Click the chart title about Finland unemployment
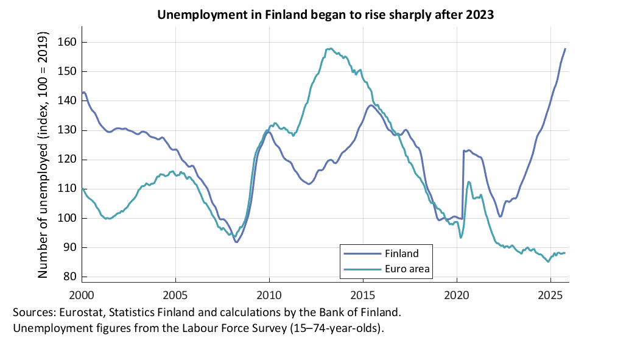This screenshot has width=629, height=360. (325, 15)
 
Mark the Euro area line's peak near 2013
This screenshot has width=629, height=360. (329, 49)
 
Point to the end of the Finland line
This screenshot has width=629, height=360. (565, 49)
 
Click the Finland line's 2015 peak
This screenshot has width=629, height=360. (371, 105)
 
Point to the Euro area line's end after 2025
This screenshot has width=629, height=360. (564, 253)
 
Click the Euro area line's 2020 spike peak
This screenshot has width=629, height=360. (469, 182)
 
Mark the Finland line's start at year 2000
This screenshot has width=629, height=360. (82, 93)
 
